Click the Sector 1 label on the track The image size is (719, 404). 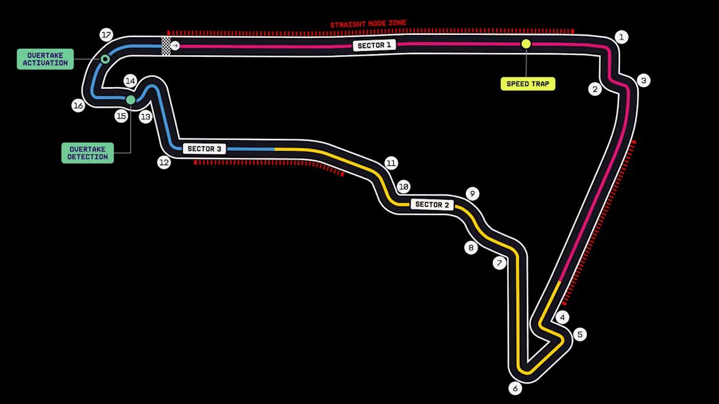click(374, 45)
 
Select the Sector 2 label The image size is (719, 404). click(432, 204)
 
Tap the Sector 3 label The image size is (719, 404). click(204, 149)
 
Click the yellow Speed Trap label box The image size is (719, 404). click(528, 84)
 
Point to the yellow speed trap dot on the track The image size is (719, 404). click(526, 44)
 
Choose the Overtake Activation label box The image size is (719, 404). click(45, 59)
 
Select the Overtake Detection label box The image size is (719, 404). click(88, 153)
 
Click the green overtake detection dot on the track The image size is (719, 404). click(130, 100)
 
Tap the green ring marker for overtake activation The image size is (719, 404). click(105, 59)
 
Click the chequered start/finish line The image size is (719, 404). click(165, 46)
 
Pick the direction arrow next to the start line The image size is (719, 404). click(175, 46)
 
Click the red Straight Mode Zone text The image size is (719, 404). click(368, 24)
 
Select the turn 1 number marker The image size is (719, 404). click(621, 37)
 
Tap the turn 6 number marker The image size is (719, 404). click(515, 389)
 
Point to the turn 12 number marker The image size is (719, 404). click(164, 162)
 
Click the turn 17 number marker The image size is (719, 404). click(106, 34)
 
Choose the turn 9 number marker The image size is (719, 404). click(473, 193)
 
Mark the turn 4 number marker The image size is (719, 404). click(562, 317)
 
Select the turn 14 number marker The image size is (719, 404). click(130, 81)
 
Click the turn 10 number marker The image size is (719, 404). click(404, 187)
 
